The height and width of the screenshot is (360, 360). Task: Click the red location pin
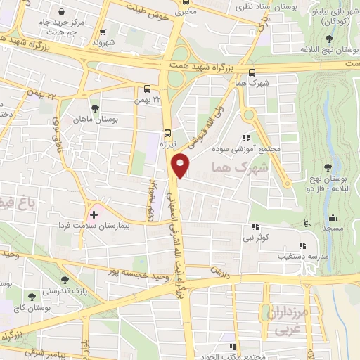(x=181, y=165)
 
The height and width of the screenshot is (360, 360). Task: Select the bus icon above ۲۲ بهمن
(x=148, y=89)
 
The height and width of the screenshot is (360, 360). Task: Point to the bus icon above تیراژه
(x=167, y=131)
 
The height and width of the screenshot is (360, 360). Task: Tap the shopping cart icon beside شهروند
(x=103, y=32)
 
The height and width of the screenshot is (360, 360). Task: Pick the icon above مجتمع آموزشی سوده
(x=247, y=138)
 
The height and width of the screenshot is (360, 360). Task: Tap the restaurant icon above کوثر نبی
(x=257, y=226)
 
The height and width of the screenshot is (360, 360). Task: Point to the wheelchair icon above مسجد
(x=306, y=224)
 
